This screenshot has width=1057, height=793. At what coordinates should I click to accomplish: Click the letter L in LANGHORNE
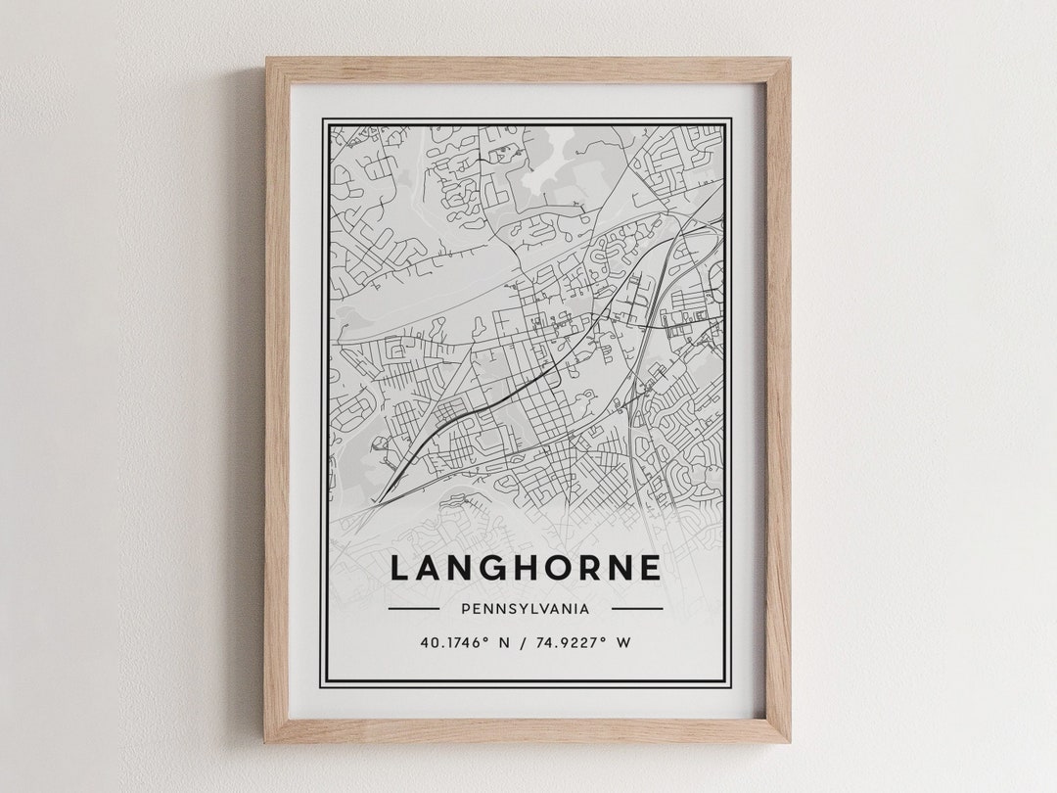[401, 569]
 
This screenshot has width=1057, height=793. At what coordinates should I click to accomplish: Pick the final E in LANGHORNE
[651, 569]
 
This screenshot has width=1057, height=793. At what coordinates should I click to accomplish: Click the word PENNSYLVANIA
[526, 608]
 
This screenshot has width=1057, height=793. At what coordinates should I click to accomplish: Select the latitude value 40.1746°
[455, 643]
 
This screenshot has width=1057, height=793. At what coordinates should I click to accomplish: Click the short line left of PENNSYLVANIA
[413, 608]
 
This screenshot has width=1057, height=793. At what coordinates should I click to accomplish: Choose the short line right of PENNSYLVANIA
[637, 608]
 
